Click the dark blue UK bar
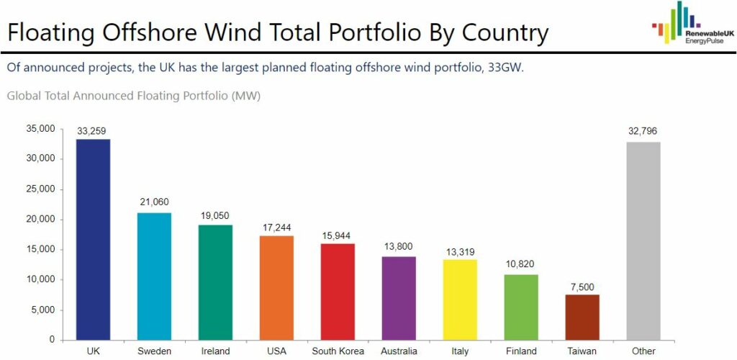click(93, 239)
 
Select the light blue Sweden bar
click(154, 276)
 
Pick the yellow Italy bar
click(460, 299)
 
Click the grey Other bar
click(643, 240)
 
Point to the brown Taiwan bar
click(582, 317)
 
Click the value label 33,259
click(94, 132)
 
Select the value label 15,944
click(338, 236)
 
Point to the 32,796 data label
click(643, 132)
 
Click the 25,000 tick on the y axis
click(40, 189)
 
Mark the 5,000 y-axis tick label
click(43, 310)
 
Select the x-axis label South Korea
click(338, 351)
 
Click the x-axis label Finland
click(521, 351)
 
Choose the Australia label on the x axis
click(399, 351)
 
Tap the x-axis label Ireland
click(215, 351)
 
